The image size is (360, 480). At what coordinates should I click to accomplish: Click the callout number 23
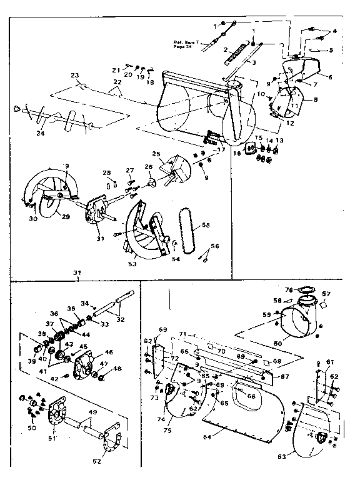click(x=75, y=75)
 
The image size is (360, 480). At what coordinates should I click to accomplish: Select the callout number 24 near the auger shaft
click(x=41, y=132)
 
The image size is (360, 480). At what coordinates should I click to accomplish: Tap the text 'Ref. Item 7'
click(x=186, y=42)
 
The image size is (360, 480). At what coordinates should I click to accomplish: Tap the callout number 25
click(x=155, y=154)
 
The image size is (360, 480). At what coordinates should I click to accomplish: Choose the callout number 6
click(x=329, y=76)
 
